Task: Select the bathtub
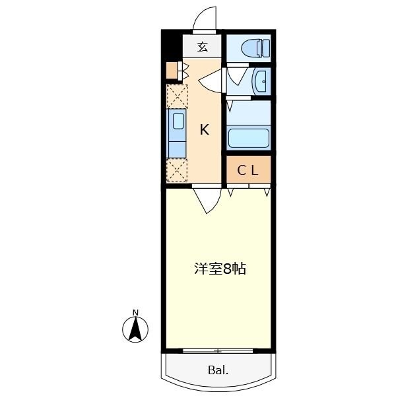[249, 138]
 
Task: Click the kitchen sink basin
[178, 120]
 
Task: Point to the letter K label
[205, 130]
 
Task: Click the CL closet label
[248, 170]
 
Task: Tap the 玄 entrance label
[202, 47]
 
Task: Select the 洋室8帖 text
[220, 269]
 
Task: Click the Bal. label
[218, 371]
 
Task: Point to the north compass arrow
[136, 329]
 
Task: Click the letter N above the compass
[135, 312]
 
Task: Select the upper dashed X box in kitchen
[177, 97]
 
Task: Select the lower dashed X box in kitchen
[177, 170]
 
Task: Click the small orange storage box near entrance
[172, 71]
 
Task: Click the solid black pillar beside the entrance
[170, 46]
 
